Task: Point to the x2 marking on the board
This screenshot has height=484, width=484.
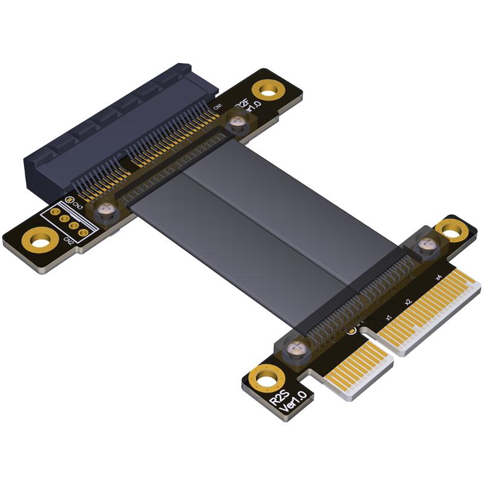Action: point(408,301)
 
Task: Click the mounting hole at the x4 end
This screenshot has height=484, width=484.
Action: point(451,229)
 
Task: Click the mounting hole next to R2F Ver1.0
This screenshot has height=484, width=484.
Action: point(267,91)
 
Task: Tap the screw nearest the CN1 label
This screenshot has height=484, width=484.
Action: point(237,123)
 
